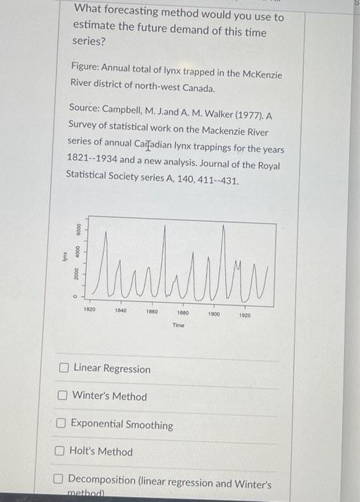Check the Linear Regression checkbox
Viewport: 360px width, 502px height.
point(64,369)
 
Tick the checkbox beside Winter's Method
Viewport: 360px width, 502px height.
point(63,396)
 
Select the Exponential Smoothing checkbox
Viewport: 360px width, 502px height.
point(62,425)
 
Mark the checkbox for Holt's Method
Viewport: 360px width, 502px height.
point(60,452)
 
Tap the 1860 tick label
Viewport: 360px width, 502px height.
point(151,311)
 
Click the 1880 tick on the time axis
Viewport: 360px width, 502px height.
point(182,313)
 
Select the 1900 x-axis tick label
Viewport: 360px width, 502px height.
point(214,314)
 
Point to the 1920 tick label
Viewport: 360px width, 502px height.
point(245,315)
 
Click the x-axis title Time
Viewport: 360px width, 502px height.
point(179,325)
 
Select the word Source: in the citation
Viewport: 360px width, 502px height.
point(84,108)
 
